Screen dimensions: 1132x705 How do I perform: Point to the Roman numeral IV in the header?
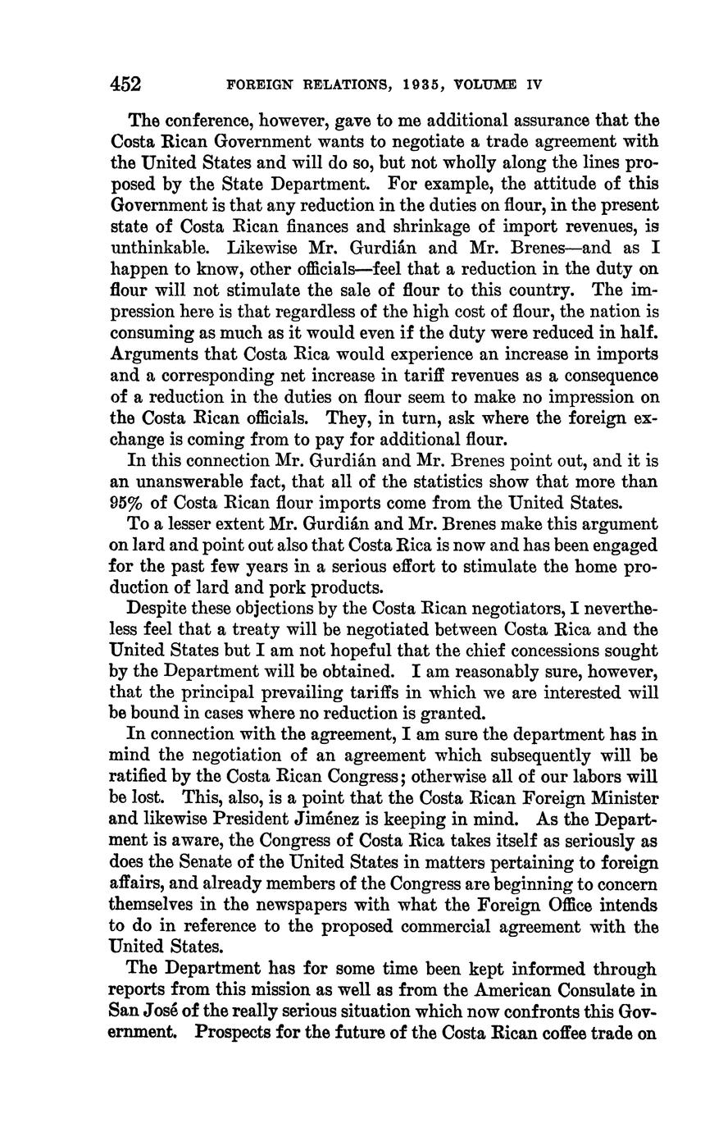click(534, 85)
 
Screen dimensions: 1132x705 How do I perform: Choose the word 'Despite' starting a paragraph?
click(158, 609)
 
